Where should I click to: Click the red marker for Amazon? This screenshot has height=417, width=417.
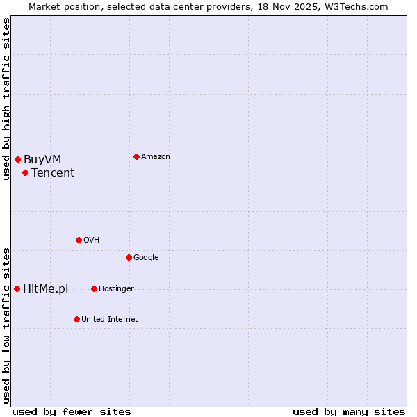coord(136,156)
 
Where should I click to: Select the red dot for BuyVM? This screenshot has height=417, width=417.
coord(17,160)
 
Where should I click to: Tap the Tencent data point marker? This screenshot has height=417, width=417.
coord(25,172)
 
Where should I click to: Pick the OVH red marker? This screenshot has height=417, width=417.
coord(79,240)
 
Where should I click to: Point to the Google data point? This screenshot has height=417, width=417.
coord(129,257)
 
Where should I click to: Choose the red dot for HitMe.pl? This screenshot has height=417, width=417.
coord(17,288)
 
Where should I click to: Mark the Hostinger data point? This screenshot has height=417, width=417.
coord(94,288)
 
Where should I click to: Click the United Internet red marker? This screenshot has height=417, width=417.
coord(76,319)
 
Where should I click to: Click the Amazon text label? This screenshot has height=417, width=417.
coord(156,157)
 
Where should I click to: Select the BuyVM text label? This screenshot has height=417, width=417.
coord(42,160)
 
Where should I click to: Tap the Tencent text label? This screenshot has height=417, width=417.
coord(53,173)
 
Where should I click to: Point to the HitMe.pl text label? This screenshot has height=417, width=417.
coord(46,289)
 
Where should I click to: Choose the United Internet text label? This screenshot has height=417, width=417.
coord(110,320)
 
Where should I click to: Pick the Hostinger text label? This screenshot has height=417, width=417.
coord(116,289)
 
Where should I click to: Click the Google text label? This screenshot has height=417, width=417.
coord(146,258)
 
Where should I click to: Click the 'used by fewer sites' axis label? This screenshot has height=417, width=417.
coord(72,411)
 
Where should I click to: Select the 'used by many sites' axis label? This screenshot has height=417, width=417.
coord(349,411)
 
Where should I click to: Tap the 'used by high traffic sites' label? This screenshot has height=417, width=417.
coord(6,99)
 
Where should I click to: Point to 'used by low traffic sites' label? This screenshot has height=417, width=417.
coord(6,325)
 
